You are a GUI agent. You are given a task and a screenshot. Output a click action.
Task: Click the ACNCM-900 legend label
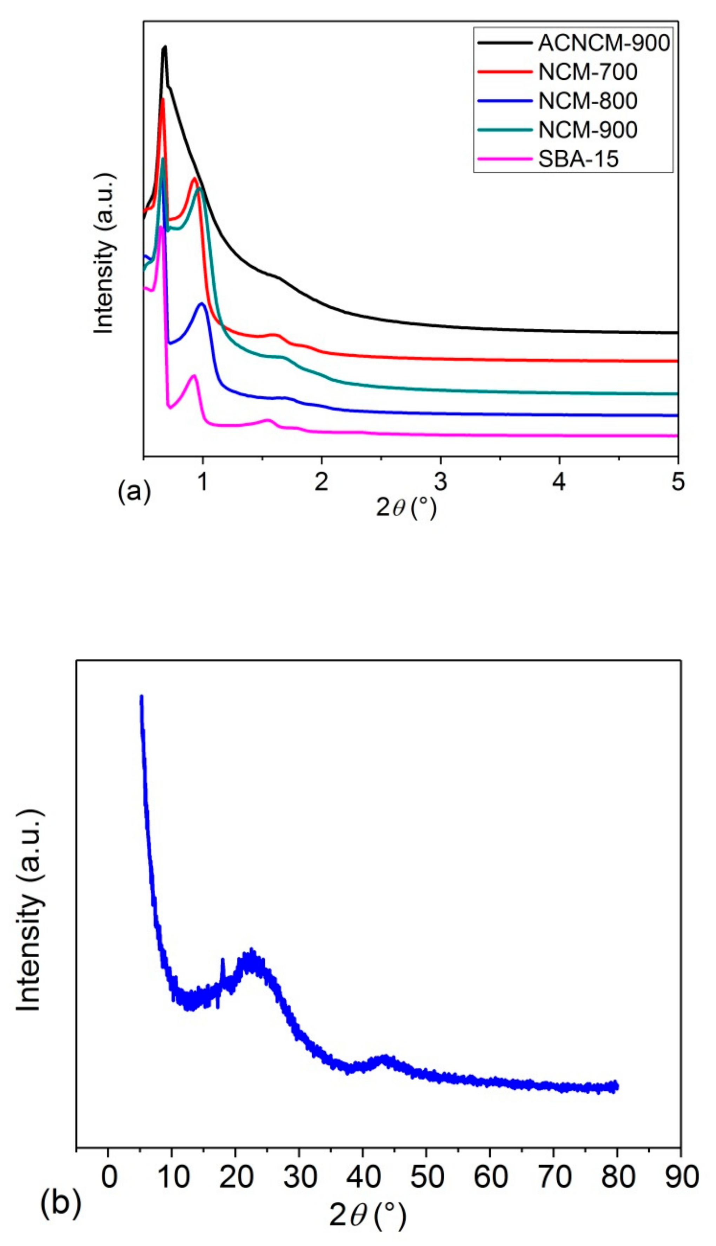603,43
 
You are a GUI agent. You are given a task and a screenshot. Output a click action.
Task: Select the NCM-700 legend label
588,72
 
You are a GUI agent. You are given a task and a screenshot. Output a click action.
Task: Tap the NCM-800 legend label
588,101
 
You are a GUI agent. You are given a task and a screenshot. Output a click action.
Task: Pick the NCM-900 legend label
588,130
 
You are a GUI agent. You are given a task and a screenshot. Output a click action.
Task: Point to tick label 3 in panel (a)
440,483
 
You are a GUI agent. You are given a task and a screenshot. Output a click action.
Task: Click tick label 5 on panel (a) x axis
678,483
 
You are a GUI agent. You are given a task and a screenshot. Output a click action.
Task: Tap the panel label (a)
134,491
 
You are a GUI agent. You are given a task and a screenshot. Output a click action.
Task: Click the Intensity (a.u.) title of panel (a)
104,253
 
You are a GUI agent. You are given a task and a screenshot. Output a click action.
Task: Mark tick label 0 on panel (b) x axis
109,1175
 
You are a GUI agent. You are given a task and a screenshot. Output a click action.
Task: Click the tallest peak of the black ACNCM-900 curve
165,47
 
